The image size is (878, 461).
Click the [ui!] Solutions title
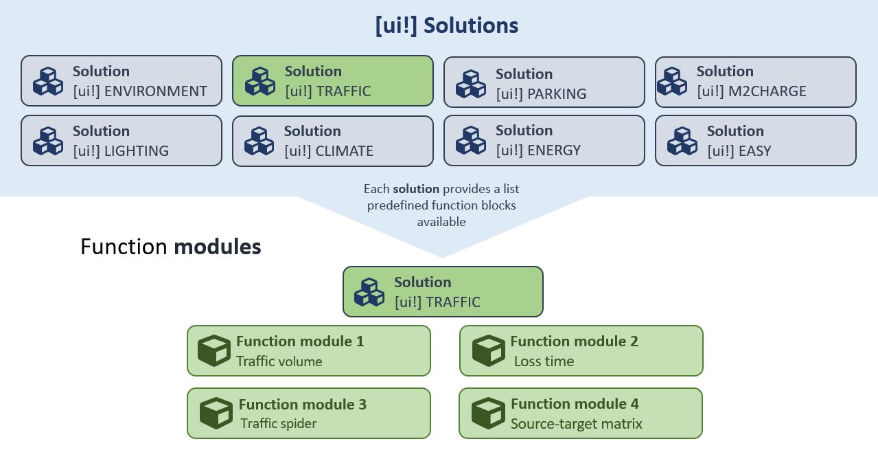(x=446, y=25)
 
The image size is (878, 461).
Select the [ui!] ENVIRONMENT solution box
(x=122, y=81)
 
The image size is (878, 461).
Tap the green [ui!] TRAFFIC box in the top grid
(x=333, y=81)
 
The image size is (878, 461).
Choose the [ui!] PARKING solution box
(x=544, y=82)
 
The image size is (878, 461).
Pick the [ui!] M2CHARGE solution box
(x=756, y=82)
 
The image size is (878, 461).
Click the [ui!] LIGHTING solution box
(x=122, y=141)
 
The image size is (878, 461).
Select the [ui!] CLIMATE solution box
(x=333, y=141)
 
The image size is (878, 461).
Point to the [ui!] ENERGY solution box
(x=544, y=141)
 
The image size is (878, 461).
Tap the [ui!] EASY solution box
(x=756, y=141)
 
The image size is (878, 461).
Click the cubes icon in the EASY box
(x=682, y=141)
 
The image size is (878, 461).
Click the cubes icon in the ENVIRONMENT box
(x=48, y=81)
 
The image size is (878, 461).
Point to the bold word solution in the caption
(x=416, y=189)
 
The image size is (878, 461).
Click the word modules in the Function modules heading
(x=217, y=247)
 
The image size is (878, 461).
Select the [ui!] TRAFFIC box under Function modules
(x=443, y=292)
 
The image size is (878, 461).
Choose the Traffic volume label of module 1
(x=279, y=361)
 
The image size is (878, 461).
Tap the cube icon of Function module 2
(x=488, y=350)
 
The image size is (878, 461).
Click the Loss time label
(x=544, y=361)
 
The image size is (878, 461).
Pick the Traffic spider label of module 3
(x=278, y=423)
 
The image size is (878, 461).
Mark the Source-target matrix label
(x=576, y=424)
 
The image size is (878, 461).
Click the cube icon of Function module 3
(x=216, y=413)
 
